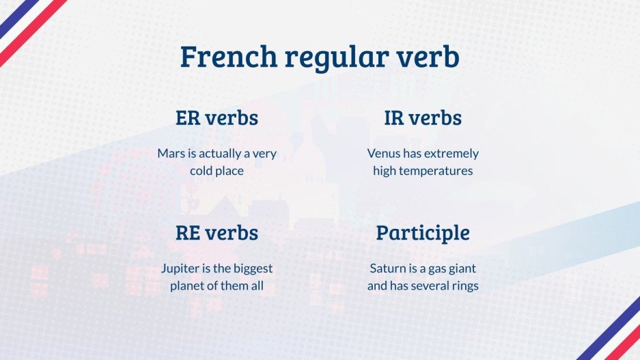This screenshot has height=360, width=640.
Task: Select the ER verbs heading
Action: click(x=217, y=117)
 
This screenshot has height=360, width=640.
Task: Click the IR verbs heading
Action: click(x=423, y=117)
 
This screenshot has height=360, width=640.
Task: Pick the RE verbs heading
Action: click(x=217, y=232)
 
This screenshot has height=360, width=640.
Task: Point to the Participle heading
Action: click(x=423, y=233)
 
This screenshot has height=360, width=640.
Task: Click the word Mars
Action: click(x=171, y=153)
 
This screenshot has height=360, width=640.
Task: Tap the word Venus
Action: click(x=384, y=153)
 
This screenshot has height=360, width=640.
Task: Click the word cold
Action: click(x=201, y=171)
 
